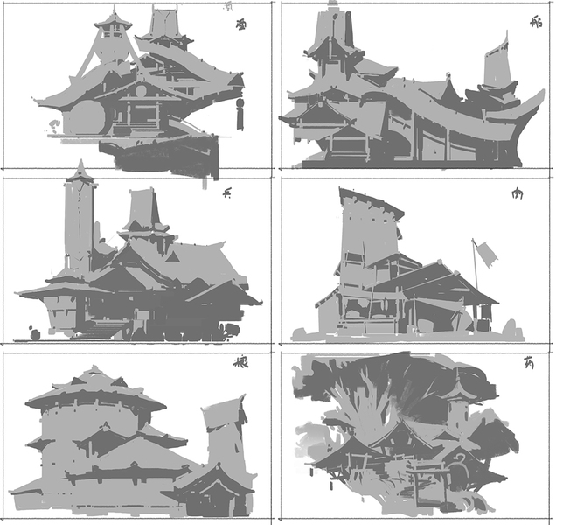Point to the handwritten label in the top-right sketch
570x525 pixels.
pyautogui.click(x=536, y=23)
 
